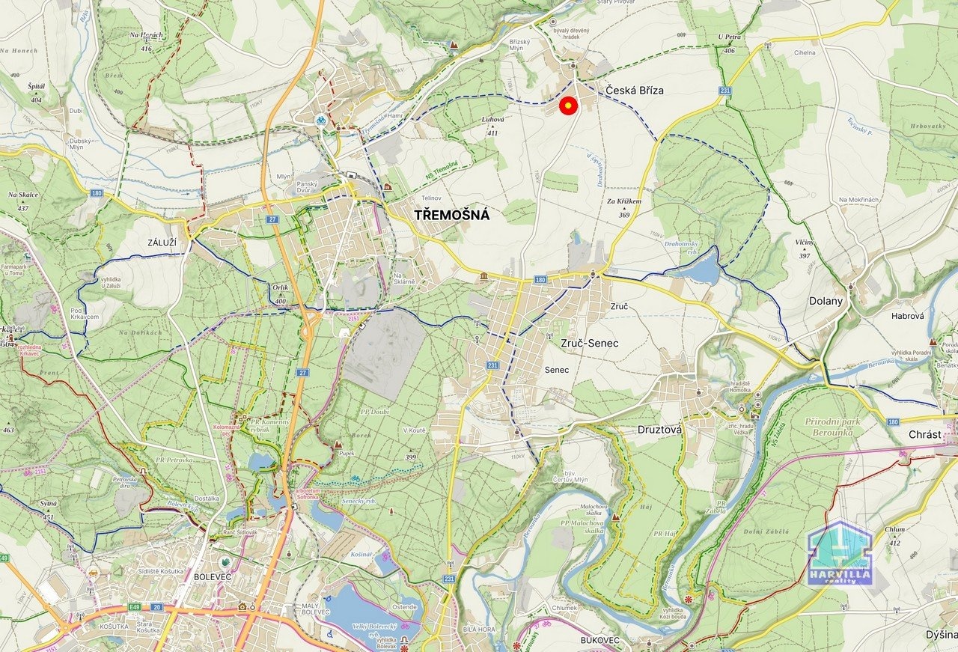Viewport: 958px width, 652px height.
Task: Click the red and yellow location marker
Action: pyautogui.click(x=568, y=107)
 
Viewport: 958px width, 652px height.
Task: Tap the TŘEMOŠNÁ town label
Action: pyautogui.click(x=452, y=216)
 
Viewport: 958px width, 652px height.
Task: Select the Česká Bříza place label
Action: pyautogui.click(x=635, y=91)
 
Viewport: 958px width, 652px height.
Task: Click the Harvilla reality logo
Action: pyautogui.click(x=840, y=554)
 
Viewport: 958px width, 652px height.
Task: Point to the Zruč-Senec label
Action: pyautogui.click(x=590, y=343)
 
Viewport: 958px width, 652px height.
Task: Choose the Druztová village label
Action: pyautogui.click(x=659, y=430)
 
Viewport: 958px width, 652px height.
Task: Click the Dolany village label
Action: pyautogui.click(x=826, y=301)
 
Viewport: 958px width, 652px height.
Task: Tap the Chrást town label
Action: pyautogui.click(x=924, y=435)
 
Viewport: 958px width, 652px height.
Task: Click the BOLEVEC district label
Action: pyautogui.click(x=213, y=577)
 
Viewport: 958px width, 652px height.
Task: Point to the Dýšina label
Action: pyautogui.click(x=941, y=635)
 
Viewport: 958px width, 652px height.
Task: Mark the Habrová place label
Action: pyautogui.click(x=907, y=316)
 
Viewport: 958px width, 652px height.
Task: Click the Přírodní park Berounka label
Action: pyautogui.click(x=838, y=427)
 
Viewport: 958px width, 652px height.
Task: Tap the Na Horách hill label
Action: pyautogui.click(x=145, y=35)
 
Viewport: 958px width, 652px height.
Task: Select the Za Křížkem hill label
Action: pyautogui.click(x=624, y=202)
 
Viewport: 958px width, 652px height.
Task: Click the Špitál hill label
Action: pyautogui.click(x=36, y=87)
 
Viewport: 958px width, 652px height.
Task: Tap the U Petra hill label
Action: pyautogui.click(x=729, y=37)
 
